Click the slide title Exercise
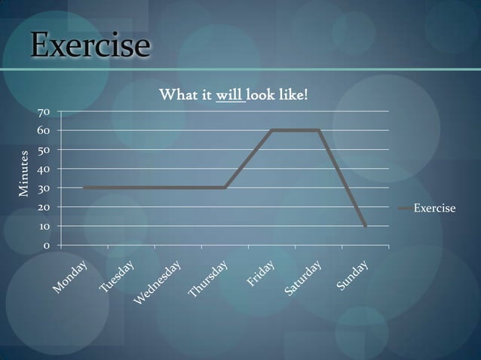90,45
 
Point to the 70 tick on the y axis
44,112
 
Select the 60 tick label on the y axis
44,131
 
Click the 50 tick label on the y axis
44,151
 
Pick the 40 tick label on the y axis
44,169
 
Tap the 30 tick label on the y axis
44,188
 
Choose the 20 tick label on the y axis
44,207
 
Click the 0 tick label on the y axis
47,246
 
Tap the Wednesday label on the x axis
158,283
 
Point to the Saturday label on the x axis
304,277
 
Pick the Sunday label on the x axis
353,276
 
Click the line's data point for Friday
271,130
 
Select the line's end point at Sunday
366,226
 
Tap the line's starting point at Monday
84,188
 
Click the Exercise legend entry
434,207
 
